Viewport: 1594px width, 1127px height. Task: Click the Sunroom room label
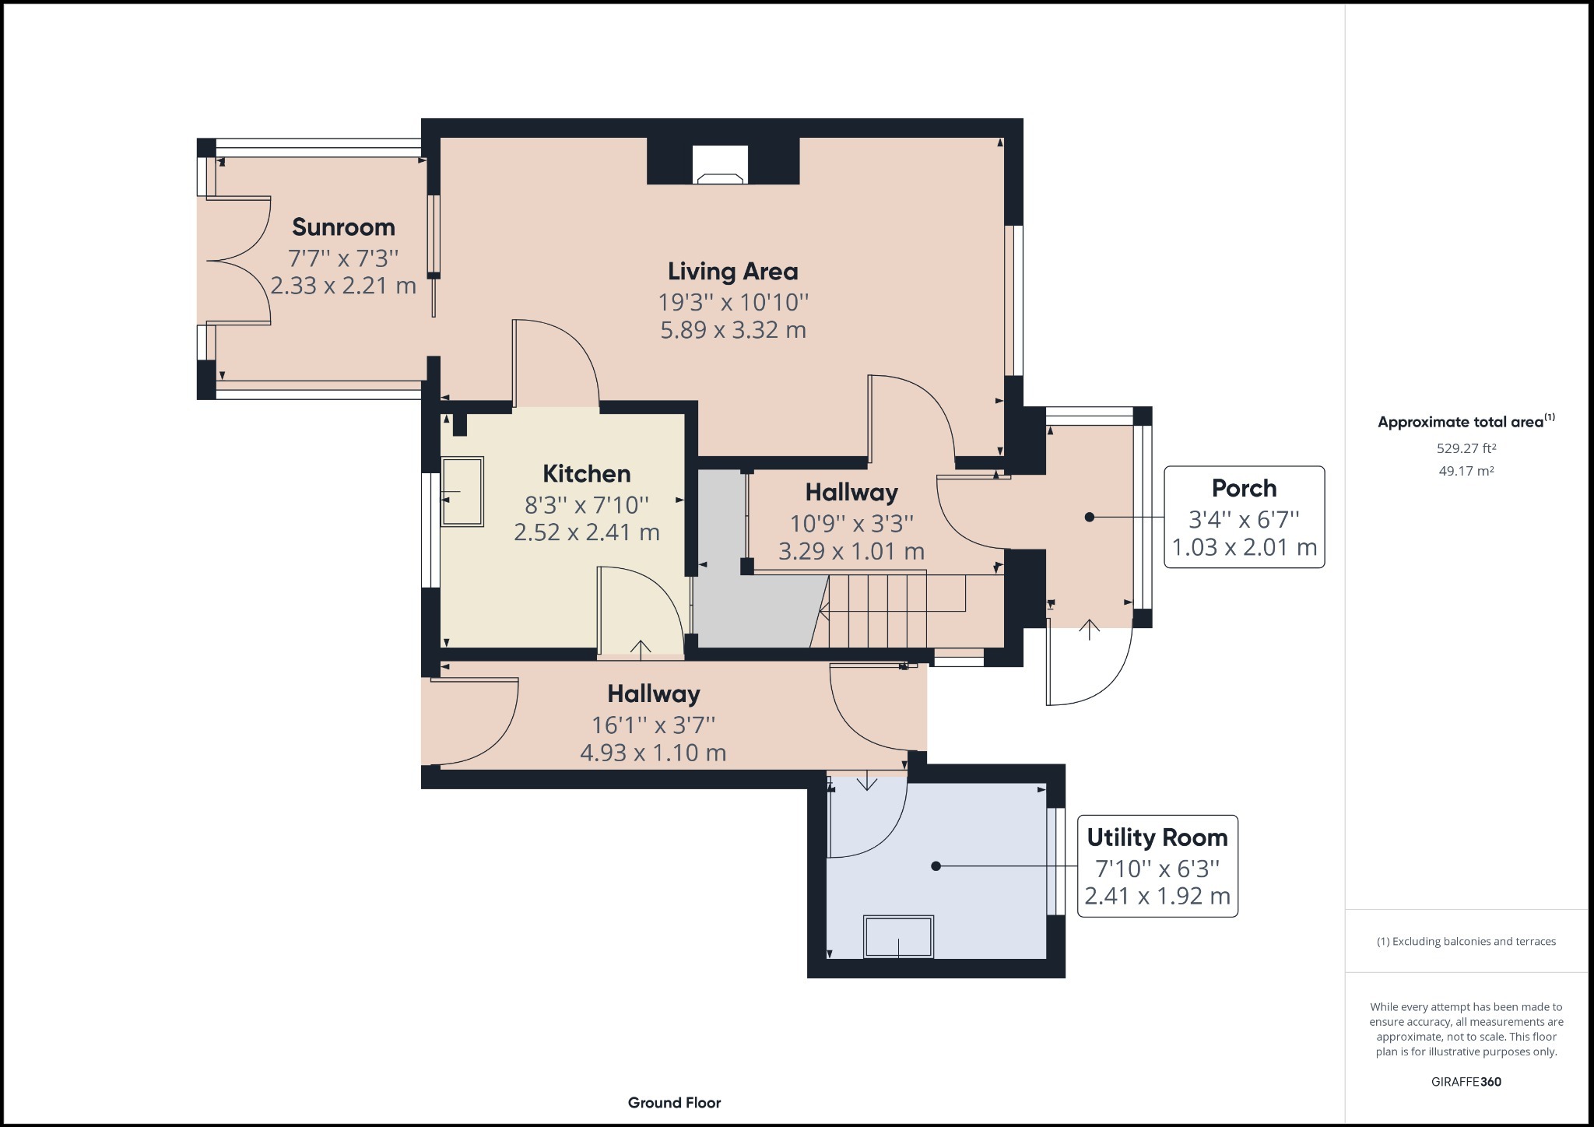click(x=343, y=227)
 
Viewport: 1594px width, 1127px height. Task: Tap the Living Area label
click(x=733, y=272)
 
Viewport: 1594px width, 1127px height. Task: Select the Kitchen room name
click(x=586, y=474)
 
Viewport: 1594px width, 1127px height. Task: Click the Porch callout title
click(x=1244, y=489)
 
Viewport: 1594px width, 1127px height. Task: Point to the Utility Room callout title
click(x=1157, y=838)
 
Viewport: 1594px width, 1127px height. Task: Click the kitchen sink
click(x=462, y=492)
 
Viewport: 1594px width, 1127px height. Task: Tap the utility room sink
click(x=898, y=936)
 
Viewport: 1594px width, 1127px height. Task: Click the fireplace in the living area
click(x=721, y=165)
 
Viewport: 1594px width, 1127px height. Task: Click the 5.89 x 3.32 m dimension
click(x=733, y=330)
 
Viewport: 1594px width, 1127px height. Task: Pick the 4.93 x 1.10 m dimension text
click(x=653, y=753)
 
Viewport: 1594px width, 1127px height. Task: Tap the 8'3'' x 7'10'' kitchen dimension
click(x=586, y=506)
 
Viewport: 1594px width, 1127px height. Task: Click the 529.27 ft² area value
click(x=1466, y=448)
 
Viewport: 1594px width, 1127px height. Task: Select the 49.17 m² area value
click(x=1466, y=471)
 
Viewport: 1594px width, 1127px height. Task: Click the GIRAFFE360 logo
click(x=1466, y=1082)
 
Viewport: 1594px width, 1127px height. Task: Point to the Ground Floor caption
click(x=675, y=1103)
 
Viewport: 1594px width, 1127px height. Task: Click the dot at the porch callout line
click(x=1090, y=517)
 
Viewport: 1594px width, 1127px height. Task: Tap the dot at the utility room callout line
click(x=936, y=865)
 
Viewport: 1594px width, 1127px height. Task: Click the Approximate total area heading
click(x=1466, y=422)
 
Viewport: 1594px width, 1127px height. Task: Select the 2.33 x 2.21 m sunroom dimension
click(x=343, y=286)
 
